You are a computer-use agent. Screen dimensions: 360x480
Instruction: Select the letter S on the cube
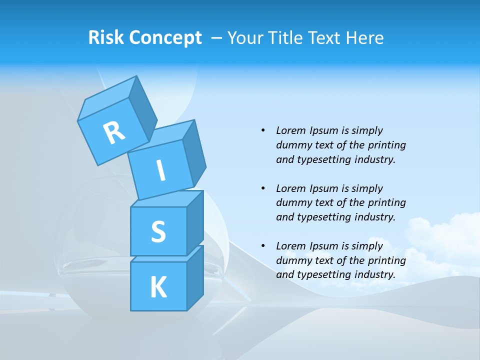(x=158, y=231)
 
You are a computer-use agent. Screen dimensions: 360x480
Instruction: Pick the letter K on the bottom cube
(x=158, y=287)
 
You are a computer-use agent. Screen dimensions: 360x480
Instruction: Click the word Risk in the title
(x=106, y=37)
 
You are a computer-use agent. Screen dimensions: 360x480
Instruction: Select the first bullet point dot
(x=263, y=130)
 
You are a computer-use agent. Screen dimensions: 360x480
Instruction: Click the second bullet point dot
(x=263, y=188)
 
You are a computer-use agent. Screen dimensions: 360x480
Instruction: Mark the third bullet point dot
(x=263, y=246)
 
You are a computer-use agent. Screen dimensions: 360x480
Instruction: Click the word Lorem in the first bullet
(x=290, y=130)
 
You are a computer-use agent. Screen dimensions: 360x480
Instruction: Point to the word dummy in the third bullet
(x=293, y=260)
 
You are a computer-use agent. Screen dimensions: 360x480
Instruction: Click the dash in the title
(x=217, y=38)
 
